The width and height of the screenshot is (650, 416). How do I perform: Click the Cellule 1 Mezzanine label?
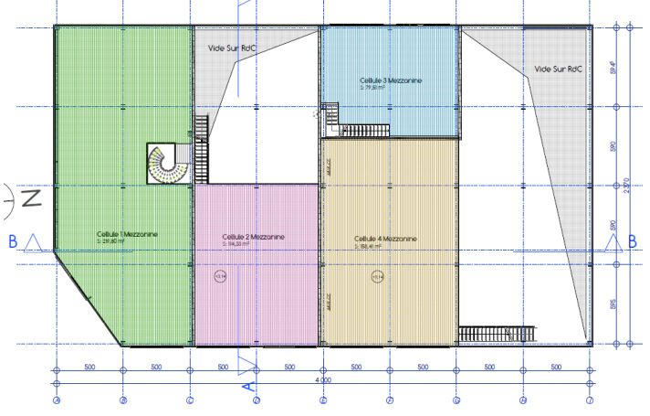[127, 234]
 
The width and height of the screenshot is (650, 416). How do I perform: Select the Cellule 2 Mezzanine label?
[253, 237]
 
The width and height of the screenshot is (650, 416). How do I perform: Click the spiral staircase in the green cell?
[164, 163]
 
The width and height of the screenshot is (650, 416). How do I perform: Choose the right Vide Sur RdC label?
[558, 68]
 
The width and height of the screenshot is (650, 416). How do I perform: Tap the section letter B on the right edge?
[631, 241]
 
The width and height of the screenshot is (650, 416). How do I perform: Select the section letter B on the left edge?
[13, 241]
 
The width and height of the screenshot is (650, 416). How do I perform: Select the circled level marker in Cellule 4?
[375, 276]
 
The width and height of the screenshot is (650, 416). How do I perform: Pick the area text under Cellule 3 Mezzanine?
[383, 89]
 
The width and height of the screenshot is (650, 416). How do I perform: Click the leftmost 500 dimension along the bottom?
[89, 367]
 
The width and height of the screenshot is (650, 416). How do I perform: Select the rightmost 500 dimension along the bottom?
[556, 367]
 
